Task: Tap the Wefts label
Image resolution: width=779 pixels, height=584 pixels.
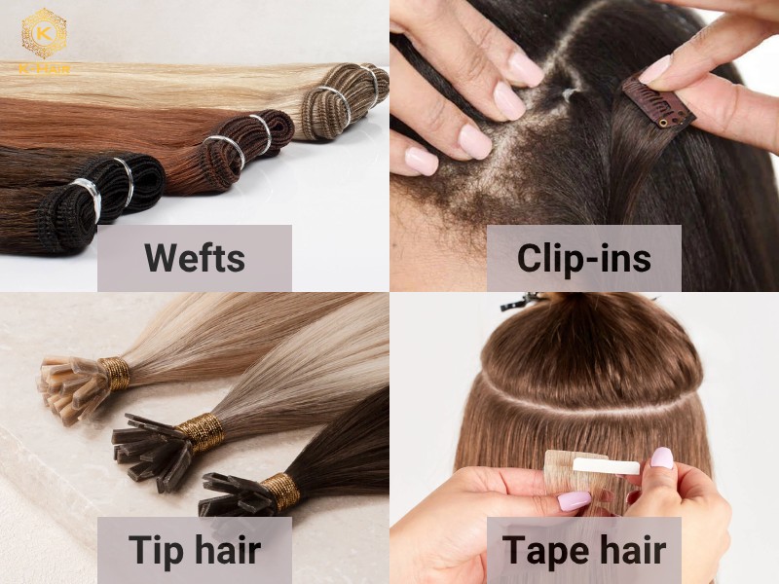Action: pos(194,258)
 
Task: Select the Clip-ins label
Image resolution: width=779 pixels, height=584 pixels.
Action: pos(583,258)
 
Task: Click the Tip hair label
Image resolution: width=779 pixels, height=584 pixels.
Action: pos(194,550)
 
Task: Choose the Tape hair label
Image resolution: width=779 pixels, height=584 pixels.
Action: pos(583,550)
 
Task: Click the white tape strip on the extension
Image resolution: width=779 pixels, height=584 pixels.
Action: pos(605,466)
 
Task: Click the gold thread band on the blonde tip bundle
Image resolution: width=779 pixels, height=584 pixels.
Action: pos(114,374)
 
